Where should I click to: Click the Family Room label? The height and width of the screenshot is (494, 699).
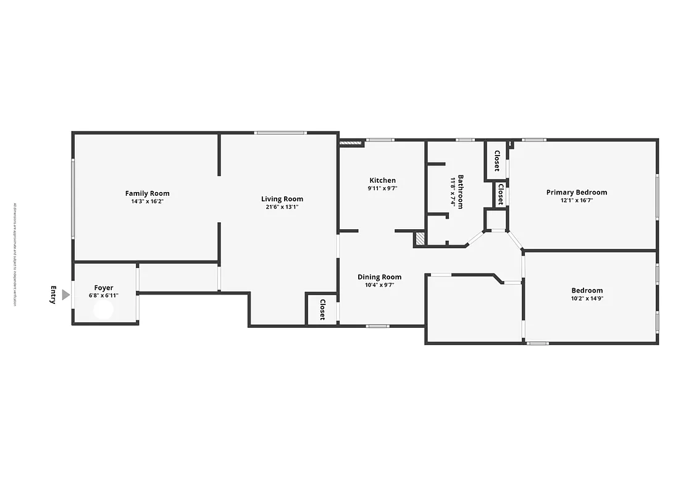tap(147, 193)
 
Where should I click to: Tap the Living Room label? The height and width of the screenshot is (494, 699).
tap(282, 199)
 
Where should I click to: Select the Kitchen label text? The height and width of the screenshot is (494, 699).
tap(382, 180)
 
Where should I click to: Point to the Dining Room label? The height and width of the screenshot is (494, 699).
tap(380, 277)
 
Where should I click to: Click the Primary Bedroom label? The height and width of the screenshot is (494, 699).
tap(576, 192)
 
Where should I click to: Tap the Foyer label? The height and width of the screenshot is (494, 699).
tap(104, 288)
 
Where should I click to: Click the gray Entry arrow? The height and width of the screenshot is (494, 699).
tap(66, 295)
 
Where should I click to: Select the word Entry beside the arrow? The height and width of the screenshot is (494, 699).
tap(53, 295)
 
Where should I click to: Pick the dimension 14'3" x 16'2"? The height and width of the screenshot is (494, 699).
tap(147, 201)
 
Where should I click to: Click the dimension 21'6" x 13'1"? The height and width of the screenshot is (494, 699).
tap(282, 207)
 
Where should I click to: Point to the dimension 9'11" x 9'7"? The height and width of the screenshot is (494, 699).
tap(382, 188)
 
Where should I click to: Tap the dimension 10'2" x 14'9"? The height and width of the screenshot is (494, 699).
tap(587, 298)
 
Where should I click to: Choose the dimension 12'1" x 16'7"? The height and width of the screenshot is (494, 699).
tap(576, 200)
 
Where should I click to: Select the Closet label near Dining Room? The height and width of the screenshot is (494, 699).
tap(322, 309)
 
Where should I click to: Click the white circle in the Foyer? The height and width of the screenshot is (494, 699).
tap(103, 311)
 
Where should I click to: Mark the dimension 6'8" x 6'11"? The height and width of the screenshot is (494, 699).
tap(104, 295)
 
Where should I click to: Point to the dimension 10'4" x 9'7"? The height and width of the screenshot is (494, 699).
tap(380, 285)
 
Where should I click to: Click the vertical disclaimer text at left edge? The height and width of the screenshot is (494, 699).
tap(14, 254)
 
